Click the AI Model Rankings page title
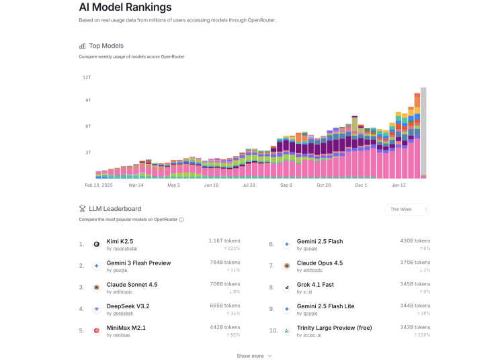tap(125, 7)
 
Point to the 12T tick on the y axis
tap(87, 77)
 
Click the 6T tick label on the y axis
tap(87, 126)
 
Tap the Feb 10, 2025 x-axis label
tap(97, 185)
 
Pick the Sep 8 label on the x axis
tap(286, 185)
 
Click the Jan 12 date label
tap(399, 185)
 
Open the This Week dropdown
tap(407, 210)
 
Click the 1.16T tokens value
tap(224, 240)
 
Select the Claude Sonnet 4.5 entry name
tap(132, 285)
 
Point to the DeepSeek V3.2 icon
tap(97, 309)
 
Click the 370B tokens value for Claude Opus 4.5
tap(415, 262)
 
